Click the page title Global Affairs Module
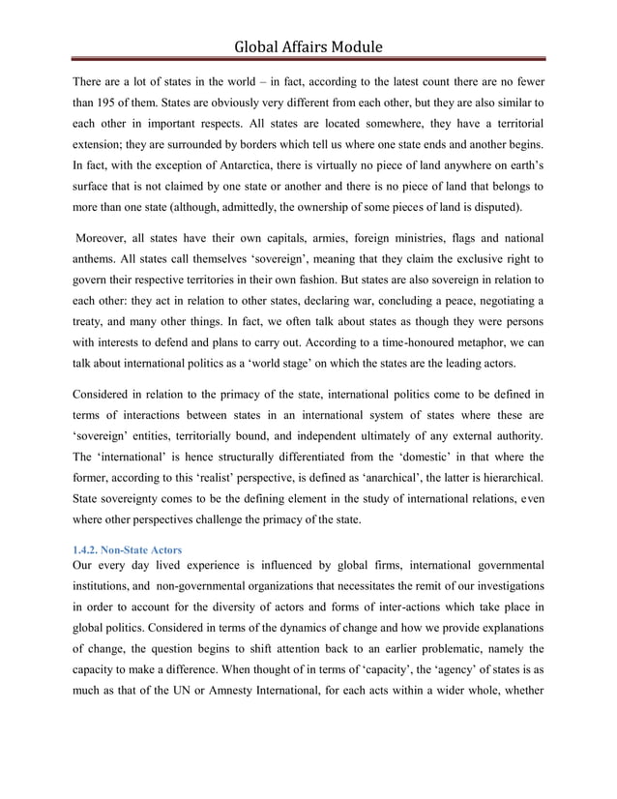coord(308,45)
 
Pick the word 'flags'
coord(455,237)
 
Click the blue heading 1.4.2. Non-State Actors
coord(125,549)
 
